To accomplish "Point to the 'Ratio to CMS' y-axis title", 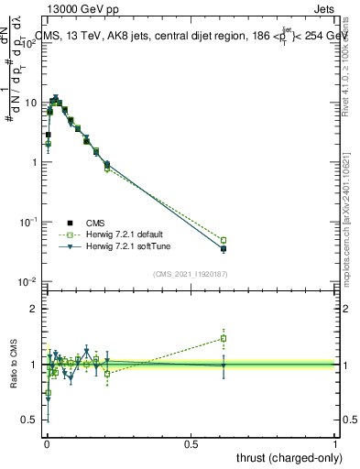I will pyautogui.click(x=13, y=365).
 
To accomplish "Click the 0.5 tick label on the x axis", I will pyautogui.click(x=191, y=443).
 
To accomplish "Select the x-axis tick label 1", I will pyautogui.click(x=336, y=443).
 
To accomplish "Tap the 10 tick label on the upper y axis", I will pyautogui.click(x=30, y=103).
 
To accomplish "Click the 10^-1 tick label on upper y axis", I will pyautogui.click(x=28, y=223).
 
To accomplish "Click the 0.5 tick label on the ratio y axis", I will pyautogui.click(x=30, y=420).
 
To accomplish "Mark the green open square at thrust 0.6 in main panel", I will pyautogui.click(x=223, y=240).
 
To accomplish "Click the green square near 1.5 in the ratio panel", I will pyautogui.click(x=223, y=338).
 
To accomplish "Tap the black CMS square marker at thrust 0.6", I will pyautogui.click(x=223, y=248).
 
